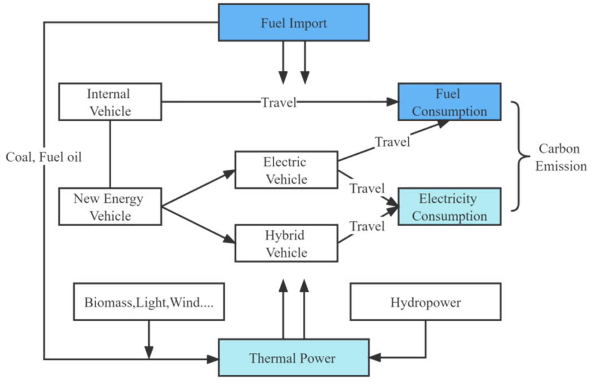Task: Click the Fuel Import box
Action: (x=293, y=23)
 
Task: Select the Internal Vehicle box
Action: (x=110, y=102)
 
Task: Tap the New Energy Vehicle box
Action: (x=110, y=207)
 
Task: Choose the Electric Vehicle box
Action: (x=286, y=170)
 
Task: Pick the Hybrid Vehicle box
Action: (x=286, y=244)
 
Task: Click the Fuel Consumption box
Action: (x=449, y=102)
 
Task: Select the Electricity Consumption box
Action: (x=449, y=207)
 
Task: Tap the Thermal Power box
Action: (x=293, y=358)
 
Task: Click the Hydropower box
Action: (x=425, y=302)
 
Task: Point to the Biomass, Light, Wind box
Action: (x=149, y=302)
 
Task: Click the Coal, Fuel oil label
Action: (x=43, y=157)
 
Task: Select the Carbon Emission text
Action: (x=561, y=157)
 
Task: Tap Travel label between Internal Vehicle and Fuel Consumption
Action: (x=278, y=103)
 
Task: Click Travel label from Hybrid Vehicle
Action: (x=367, y=226)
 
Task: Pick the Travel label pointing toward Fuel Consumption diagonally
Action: (x=392, y=142)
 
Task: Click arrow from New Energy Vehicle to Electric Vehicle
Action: (x=198, y=188)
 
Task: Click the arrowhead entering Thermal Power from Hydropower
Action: (x=375, y=358)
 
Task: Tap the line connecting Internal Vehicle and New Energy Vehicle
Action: (x=110, y=154)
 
